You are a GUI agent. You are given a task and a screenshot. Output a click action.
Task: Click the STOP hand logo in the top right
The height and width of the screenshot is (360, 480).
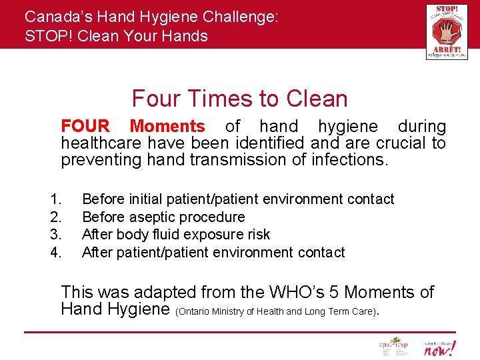(x=446, y=31)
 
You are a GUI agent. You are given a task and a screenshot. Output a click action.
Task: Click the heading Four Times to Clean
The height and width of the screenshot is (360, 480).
(x=239, y=99)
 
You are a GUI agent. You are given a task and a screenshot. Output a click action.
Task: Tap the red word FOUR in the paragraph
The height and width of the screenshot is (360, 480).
(x=85, y=126)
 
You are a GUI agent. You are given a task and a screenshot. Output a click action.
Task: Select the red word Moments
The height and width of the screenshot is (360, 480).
(x=167, y=126)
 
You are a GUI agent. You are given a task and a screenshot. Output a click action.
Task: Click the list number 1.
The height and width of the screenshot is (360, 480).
(x=56, y=199)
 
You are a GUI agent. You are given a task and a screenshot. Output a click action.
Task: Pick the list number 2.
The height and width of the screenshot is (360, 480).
(x=56, y=217)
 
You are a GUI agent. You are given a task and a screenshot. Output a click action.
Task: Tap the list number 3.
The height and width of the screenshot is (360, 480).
(x=56, y=235)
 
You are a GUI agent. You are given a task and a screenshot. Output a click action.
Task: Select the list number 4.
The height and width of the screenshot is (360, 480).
(x=56, y=253)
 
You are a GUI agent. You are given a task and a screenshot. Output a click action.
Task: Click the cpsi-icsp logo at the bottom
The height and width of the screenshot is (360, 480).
(x=393, y=347)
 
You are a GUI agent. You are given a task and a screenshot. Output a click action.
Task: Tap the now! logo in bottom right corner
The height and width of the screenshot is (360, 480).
(x=440, y=347)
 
